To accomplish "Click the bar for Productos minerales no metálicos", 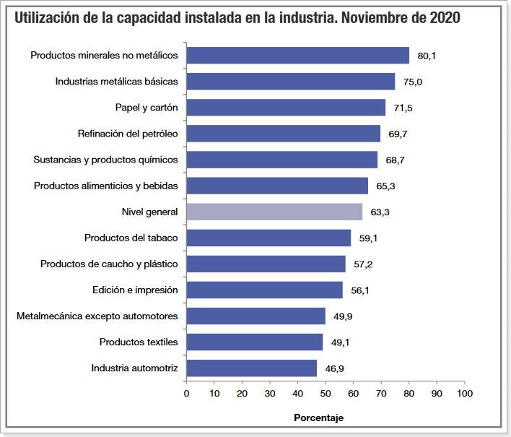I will click(x=297, y=56).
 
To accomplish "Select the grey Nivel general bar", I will click(x=274, y=212).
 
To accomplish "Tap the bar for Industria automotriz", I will click(x=251, y=368).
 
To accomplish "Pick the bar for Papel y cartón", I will click(x=286, y=108).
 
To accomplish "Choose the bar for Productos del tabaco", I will click(x=268, y=238).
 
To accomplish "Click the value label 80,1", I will click(x=427, y=56).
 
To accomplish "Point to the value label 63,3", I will click(x=381, y=212).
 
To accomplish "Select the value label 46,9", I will click(x=335, y=368).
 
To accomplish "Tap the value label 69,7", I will click(x=398, y=134).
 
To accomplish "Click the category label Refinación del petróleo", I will click(x=128, y=134).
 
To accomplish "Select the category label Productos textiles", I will click(x=139, y=342).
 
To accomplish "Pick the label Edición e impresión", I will click(x=135, y=290).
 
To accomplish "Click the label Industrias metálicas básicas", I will click(x=116, y=82).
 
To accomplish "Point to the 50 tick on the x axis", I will click(x=326, y=394).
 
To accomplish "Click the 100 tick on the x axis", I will click(x=465, y=394).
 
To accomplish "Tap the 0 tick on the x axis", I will click(x=187, y=394).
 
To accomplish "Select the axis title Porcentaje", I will click(x=318, y=417).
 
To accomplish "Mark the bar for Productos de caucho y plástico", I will click(x=266, y=264).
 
